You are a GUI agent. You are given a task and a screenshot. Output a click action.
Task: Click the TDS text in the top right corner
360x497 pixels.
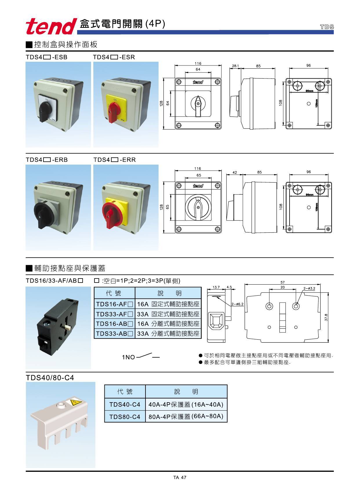point(327,27)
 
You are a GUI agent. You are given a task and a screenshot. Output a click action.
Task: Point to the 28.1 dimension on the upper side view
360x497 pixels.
point(235,66)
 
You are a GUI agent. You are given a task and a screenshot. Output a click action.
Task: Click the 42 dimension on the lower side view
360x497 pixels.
point(234,172)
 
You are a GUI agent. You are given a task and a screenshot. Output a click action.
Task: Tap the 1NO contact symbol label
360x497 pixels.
point(128,357)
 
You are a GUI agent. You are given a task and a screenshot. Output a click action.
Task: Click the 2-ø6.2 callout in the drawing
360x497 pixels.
point(238,304)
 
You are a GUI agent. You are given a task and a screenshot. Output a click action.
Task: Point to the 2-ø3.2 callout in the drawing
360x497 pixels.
point(309,288)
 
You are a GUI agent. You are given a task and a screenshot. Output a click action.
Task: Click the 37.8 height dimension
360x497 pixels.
point(326,317)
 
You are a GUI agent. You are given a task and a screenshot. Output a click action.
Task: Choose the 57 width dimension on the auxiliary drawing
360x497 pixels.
point(283,282)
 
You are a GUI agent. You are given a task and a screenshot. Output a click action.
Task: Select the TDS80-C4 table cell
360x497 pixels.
point(125,417)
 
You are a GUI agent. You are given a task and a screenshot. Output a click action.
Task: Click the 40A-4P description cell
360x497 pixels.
point(186,404)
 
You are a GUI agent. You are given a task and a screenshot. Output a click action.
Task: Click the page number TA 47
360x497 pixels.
point(180,478)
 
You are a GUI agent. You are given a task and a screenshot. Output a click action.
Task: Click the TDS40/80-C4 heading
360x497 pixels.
point(50,378)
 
